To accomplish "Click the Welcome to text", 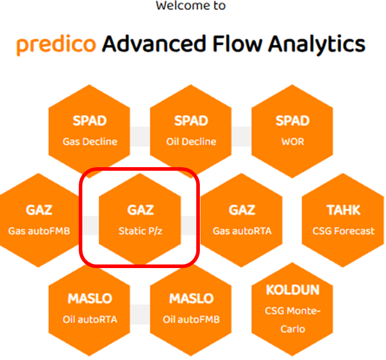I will click(x=190, y=6).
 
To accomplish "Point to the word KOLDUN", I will click(x=292, y=290).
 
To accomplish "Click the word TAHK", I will click(x=344, y=210).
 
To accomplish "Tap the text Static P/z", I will click(x=141, y=230).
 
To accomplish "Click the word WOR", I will click(x=292, y=141).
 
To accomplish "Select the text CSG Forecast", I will click(x=344, y=230).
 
